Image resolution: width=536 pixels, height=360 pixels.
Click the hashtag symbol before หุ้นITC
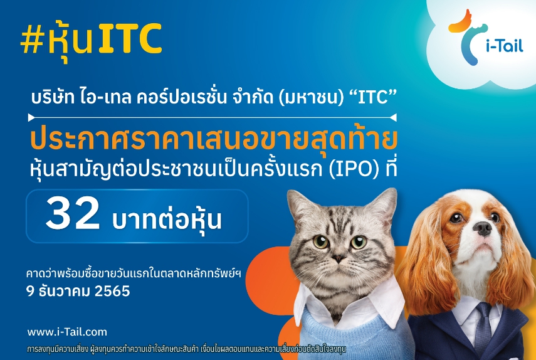coord(33,40)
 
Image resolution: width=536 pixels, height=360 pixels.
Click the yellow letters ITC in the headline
coord(130,39)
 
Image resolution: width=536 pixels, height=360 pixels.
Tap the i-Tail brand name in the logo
coord(505,45)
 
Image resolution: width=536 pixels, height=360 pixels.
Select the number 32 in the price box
coord(73,214)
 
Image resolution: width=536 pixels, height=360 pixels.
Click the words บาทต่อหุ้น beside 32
coord(167,218)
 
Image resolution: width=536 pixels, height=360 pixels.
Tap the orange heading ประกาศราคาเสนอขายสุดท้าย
coord(214,140)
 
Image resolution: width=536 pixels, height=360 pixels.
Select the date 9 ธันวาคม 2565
coord(78,291)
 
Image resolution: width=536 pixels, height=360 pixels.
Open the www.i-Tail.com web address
coord(67,332)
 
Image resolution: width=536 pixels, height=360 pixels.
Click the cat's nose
coord(337,258)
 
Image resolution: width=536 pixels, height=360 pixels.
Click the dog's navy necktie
coord(483,327)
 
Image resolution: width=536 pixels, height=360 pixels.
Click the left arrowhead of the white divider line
coord(31,118)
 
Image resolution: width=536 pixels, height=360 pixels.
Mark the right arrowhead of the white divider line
coord(393,118)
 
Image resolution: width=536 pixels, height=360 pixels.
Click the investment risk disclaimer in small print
coord(187,349)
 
